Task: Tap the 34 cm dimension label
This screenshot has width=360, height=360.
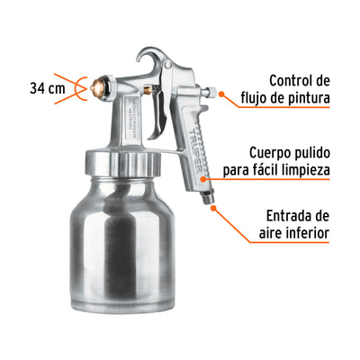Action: pyautogui.click(x=47, y=88)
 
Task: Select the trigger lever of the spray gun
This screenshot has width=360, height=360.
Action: pyautogui.click(x=157, y=112)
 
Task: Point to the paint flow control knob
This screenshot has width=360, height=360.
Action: pyautogui.click(x=210, y=91)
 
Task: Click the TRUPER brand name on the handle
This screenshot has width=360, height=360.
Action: pyautogui.click(x=195, y=150)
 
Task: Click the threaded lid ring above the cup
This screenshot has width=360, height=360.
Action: pyautogui.click(x=122, y=164)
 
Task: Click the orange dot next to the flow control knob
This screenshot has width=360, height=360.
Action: pyautogui.click(x=221, y=94)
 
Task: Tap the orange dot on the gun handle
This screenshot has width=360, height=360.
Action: pyautogui.click(x=203, y=179)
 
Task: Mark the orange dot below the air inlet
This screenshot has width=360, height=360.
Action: pyautogui.click(x=213, y=208)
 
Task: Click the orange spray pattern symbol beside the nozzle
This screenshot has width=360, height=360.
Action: pyautogui.click(x=71, y=88)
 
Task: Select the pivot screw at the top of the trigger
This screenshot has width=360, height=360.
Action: pyautogui.click(x=168, y=65)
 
